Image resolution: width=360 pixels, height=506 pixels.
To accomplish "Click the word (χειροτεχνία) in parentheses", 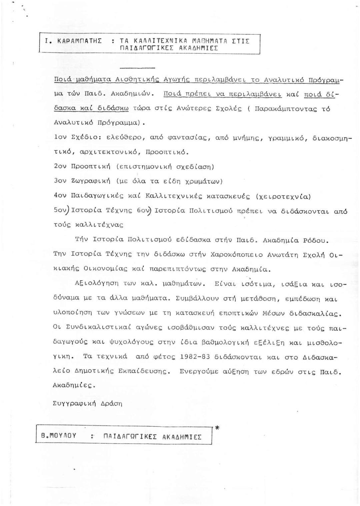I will [x=283, y=196].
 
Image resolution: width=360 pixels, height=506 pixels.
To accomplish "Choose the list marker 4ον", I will [x=60, y=196].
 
